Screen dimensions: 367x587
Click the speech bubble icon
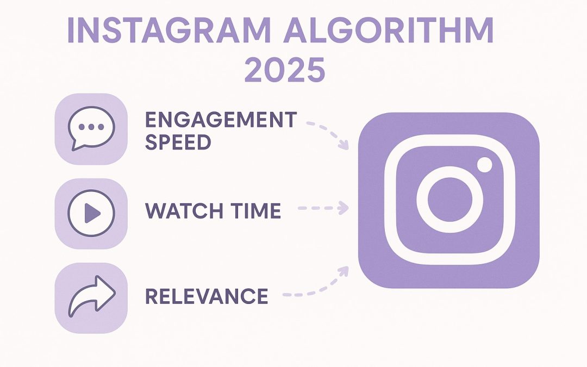click(91, 129)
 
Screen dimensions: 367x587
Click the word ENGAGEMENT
click(221, 119)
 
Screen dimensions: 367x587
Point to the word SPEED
click(178, 142)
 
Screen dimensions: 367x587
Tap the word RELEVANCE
click(207, 296)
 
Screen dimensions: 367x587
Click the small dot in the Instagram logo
click(484, 164)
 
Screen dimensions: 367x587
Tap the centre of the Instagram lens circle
click(448, 200)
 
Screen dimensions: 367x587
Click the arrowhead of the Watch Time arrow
click(344, 207)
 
